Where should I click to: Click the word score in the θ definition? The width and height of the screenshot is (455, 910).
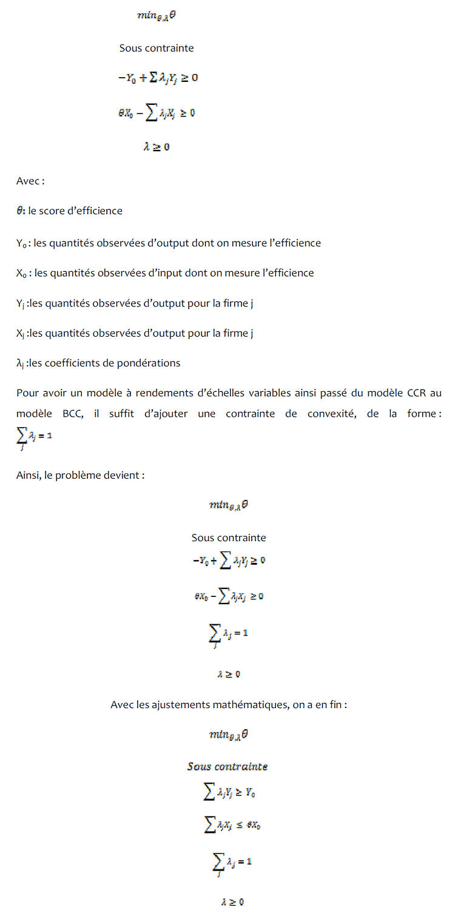(57, 211)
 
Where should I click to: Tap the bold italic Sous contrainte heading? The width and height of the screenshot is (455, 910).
(227, 766)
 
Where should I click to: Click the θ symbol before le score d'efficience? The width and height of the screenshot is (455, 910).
(20, 211)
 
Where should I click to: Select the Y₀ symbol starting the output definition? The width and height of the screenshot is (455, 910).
(22, 243)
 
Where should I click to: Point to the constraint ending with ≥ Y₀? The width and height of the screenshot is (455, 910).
(227, 792)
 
